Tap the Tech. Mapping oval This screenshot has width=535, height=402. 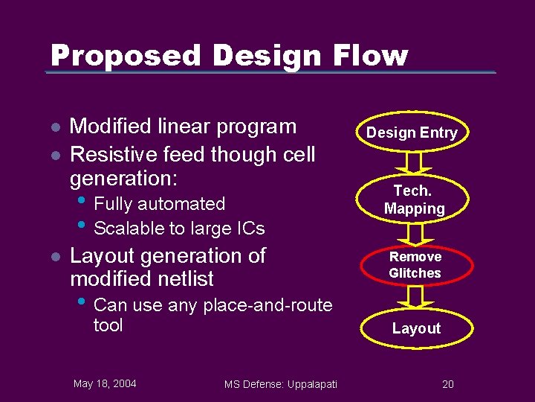[415, 200]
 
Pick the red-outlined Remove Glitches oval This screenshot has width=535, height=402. [415, 265]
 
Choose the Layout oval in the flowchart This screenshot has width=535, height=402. [416, 328]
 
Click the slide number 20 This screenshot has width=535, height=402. [448, 384]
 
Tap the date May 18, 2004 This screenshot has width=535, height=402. [105, 383]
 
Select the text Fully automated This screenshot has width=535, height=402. [160, 204]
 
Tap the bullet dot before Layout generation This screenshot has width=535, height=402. [54, 257]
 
